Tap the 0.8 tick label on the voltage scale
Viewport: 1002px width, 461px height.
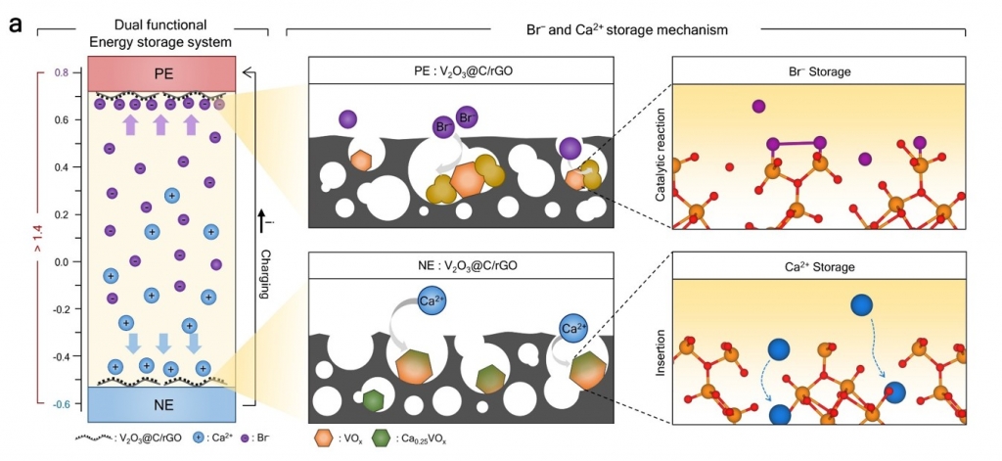[62, 73]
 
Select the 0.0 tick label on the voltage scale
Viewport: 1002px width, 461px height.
[62, 262]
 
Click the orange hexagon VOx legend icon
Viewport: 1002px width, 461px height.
[324, 438]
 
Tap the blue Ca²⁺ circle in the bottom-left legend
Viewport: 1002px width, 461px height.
[199, 438]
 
